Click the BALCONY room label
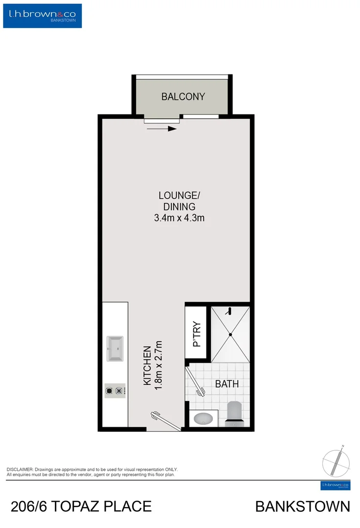(x=183, y=96)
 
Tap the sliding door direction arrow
(x=161, y=129)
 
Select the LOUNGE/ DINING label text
(x=180, y=201)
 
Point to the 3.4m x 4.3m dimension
(x=179, y=218)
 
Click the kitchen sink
(x=115, y=349)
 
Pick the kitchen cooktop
(x=115, y=391)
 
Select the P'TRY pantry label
(x=197, y=334)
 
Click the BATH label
(x=227, y=384)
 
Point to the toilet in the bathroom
(x=234, y=412)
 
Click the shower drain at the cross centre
(x=231, y=334)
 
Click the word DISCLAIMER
(x=19, y=469)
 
